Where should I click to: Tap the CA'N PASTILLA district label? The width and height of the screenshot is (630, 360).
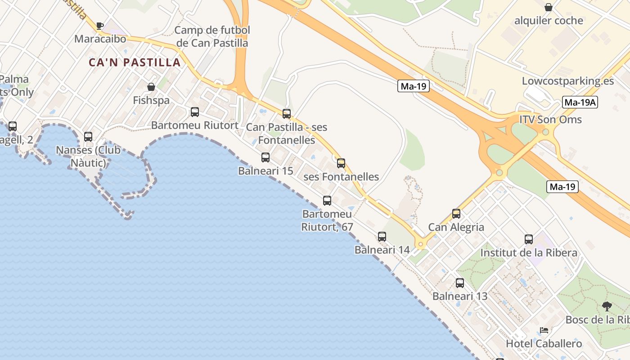(135, 63)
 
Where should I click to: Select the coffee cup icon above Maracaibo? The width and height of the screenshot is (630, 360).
(99, 26)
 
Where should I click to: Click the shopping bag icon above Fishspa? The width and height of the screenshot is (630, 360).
(151, 87)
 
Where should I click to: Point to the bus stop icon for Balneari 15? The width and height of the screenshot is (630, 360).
(265, 157)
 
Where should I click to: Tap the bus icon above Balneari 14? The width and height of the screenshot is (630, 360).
(382, 236)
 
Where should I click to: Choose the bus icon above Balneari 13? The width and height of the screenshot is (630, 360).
(459, 283)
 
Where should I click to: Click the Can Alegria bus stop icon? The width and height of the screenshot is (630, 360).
(456, 214)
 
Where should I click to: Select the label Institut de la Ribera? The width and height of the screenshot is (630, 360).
(529, 253)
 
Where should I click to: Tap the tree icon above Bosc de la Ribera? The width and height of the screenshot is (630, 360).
(607, 306)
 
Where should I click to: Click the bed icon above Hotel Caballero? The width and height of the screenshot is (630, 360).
(544, 330)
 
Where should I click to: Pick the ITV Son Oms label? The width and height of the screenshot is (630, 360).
(550, 120)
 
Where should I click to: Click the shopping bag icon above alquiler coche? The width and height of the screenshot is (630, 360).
(549, 7)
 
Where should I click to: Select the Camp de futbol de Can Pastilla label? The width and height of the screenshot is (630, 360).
(211, 36)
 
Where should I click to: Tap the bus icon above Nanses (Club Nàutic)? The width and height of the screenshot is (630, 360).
(88, 136)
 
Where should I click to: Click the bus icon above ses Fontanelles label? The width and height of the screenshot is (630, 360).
(341, 163)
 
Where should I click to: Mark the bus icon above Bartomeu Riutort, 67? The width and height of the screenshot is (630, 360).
(327, 201)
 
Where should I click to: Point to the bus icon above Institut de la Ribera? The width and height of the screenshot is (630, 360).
(529, 239)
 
